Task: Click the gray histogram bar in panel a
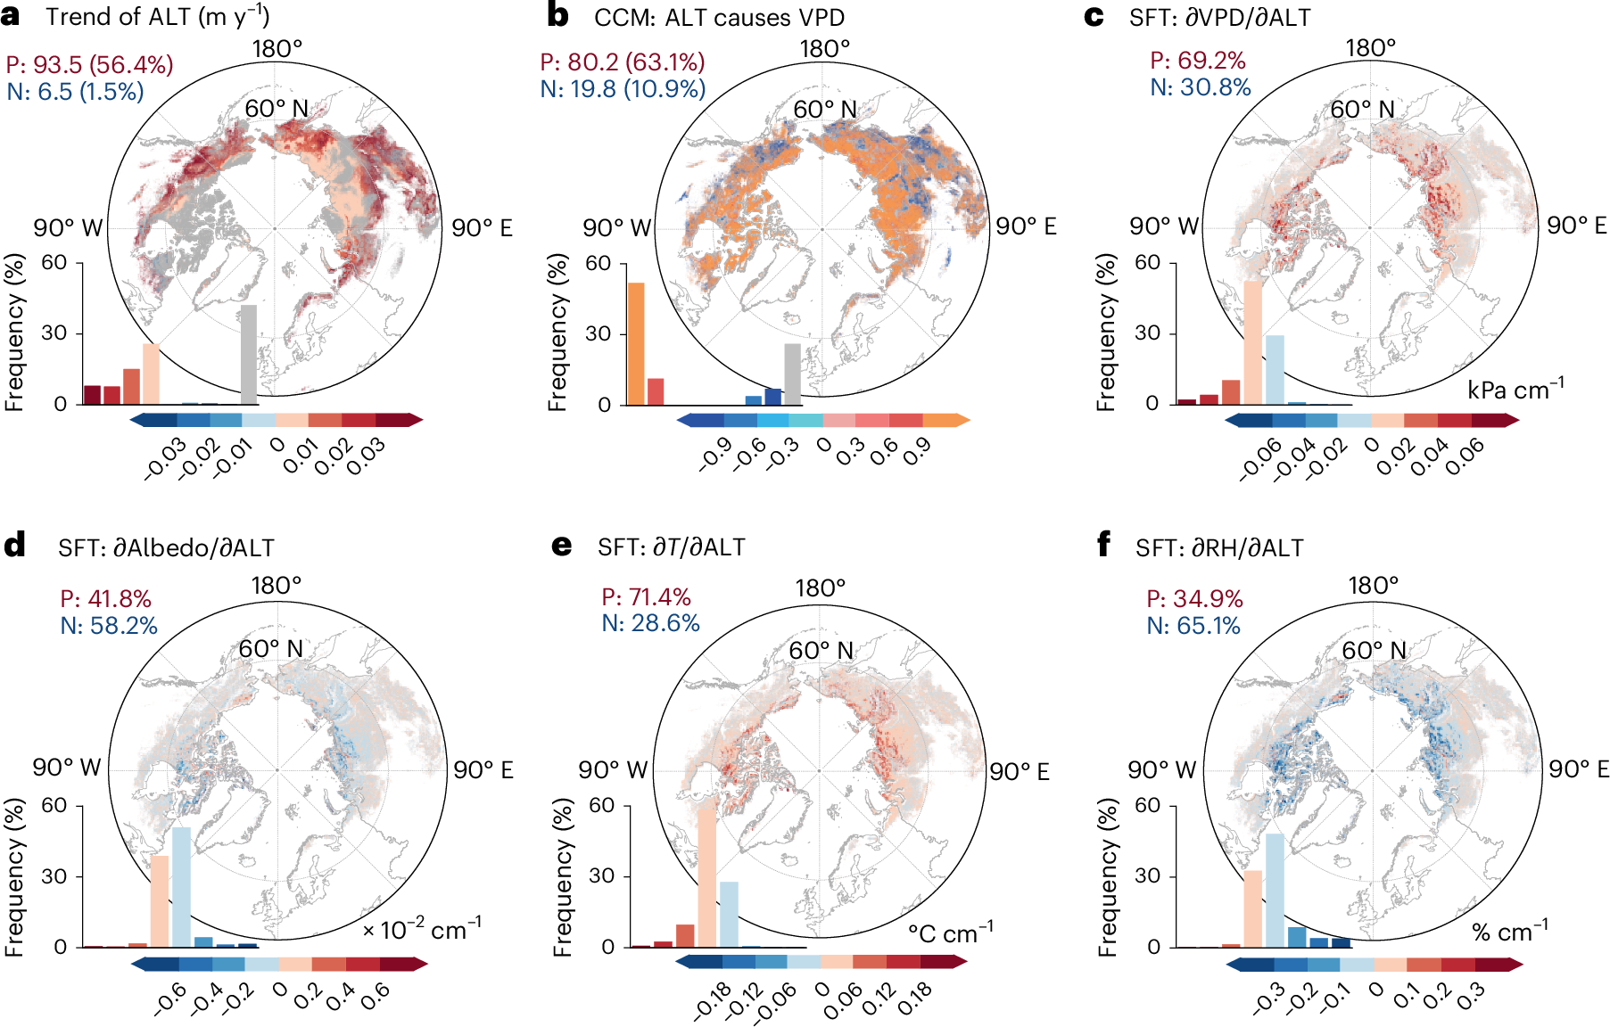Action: (x=249, y=355)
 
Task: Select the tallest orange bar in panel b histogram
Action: (x=636, y=344)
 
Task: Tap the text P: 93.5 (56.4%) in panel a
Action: (x=89, y=64)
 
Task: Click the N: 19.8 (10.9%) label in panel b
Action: (x=623, y=89)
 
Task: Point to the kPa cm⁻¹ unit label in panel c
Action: (x=1515, y=390)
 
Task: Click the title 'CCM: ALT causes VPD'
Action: (x=719, y=17)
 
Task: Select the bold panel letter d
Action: (x=14, y=546)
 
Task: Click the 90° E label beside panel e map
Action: (x=1020, y=771)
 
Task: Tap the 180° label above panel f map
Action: (x=1373, y=586)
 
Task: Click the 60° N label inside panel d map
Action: (x=271, y=649)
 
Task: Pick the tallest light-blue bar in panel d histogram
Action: (x=181, y=886)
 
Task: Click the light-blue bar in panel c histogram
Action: (x=1275, y=369)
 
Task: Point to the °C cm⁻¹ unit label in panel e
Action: (x=950, y=933)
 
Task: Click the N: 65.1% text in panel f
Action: (x=1193, y=626)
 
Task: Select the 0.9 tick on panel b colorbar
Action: (x=917, y=452)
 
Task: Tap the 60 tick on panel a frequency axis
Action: (x=54, y=262)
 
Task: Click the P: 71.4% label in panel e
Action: (x=646, y=597)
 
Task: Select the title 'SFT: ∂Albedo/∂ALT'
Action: (x=166, y=547)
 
